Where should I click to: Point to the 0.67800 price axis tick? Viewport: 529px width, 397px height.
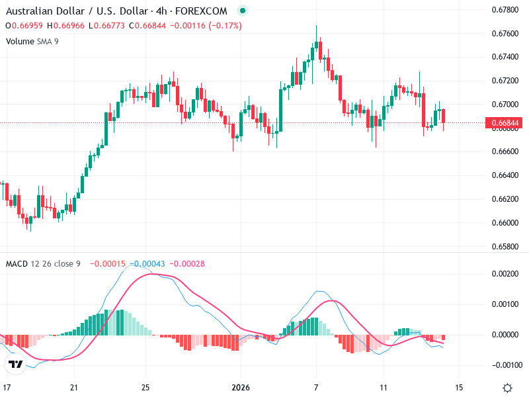coord(505,9)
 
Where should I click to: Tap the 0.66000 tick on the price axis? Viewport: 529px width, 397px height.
coord(505,223)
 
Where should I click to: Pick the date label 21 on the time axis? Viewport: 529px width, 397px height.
coord(75,388)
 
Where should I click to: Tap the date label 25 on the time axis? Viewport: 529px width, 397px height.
coord(146,388)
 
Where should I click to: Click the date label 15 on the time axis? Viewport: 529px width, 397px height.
coord(460,388)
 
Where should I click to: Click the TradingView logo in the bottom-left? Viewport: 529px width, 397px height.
coord(16,364)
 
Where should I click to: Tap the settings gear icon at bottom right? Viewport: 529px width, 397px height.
coord(507,388)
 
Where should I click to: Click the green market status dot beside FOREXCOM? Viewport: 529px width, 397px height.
coord(242,11)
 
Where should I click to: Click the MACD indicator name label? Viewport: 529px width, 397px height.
coord(17,263)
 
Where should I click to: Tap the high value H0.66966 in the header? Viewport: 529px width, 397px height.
coord(67,26)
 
